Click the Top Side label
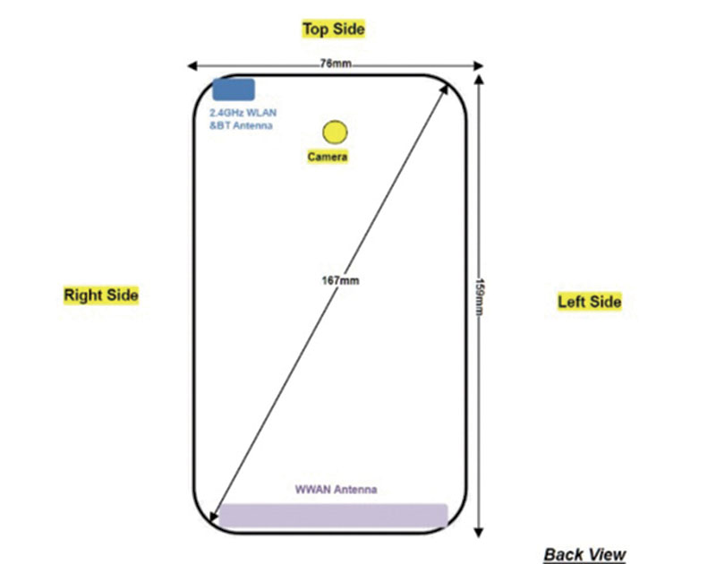(334, 30)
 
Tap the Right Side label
(101, 295)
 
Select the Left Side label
(590, 302)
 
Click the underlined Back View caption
(585, 554)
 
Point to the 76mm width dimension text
(336, 64)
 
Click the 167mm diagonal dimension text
(340, 280)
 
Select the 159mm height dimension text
(480, 297)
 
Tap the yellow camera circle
(335, 132)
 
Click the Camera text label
(328, 157)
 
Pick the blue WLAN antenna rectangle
(234, 90)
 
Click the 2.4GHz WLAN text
(243, 113)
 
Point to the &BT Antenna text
(241, 125)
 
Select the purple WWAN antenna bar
(333, 516)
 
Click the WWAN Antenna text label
(337, 490)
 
